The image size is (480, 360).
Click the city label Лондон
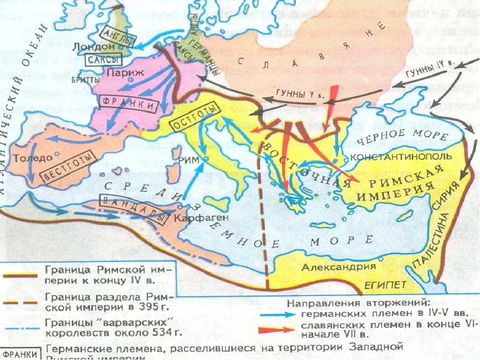tap(94, 46)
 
